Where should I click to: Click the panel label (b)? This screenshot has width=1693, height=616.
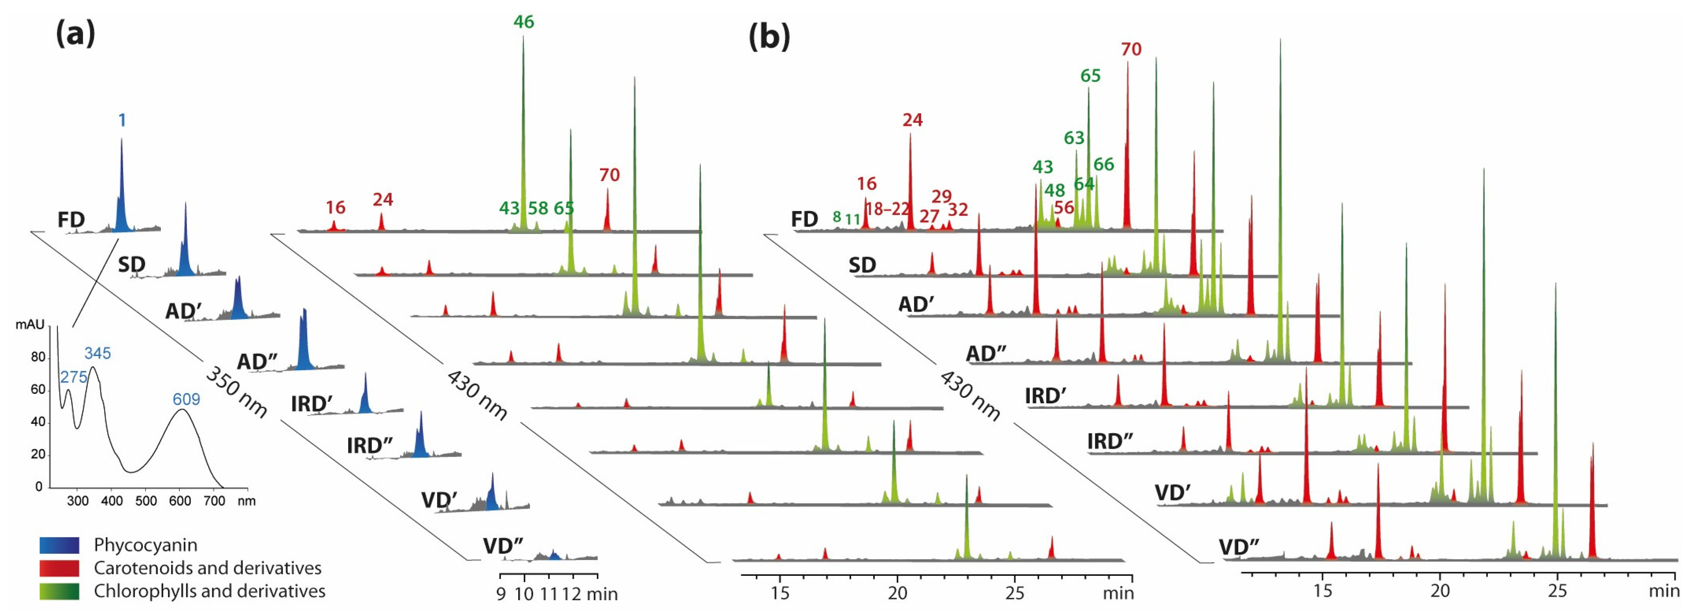[769, 37]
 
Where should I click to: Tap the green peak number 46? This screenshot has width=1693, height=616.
[523, 22]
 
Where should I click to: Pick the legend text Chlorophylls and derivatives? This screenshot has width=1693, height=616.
[209, 591]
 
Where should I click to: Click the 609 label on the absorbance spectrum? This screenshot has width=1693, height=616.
[186, 399]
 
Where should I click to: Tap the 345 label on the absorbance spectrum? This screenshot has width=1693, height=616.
[97, 353]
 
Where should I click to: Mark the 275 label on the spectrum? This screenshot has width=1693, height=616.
[74, 377]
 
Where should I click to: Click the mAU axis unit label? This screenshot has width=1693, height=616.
[30, 325]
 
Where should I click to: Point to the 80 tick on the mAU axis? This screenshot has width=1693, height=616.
[38, 358]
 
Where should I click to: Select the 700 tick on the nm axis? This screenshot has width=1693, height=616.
[214, 501]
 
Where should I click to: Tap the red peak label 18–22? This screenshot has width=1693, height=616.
[887, 209]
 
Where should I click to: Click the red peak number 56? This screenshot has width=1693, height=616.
[1063, 208]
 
